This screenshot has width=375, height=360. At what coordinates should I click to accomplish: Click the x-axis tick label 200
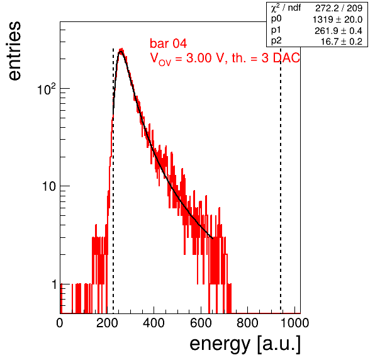point(107,323)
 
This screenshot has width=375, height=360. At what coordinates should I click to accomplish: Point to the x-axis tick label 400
point(154,323)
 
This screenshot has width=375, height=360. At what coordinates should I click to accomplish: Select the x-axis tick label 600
point(201,323)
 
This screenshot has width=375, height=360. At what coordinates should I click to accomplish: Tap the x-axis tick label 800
point(247,323)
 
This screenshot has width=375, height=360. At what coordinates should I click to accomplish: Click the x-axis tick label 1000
point(294,323)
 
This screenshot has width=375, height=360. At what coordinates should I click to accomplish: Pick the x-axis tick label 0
point(60,323)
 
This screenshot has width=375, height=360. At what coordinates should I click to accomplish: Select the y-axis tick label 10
point(49,186)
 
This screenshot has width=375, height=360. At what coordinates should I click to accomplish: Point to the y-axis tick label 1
point(54,284)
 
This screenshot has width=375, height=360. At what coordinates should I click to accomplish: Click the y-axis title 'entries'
point(14,51)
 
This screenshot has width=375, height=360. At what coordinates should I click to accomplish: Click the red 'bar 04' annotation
point(168,43)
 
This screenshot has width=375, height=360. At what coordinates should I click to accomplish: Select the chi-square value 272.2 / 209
point(339,8)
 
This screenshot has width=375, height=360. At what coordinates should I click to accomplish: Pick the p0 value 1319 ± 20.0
point(337,20)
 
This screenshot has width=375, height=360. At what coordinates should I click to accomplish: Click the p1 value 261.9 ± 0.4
point(338,31)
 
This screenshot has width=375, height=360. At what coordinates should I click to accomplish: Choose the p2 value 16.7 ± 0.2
point(341,42)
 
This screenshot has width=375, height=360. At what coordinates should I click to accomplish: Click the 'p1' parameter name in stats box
point(276,30)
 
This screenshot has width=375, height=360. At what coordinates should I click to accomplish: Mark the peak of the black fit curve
point(121,51)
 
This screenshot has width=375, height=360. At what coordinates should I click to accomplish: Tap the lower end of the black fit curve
point(213,239)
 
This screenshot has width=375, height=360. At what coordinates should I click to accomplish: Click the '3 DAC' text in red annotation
point(281,58)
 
